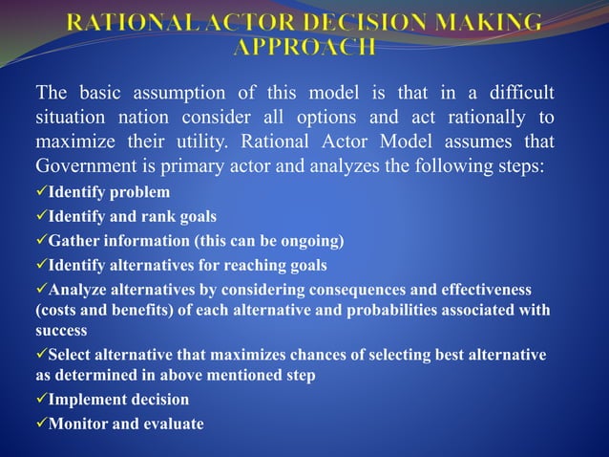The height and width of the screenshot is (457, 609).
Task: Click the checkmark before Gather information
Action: pyautogui.click(x=41, y=240)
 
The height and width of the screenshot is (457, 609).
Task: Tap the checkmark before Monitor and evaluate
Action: pyautogui.click(x=41, y=422)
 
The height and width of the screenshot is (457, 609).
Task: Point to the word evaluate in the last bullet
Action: pyautogui.click(x=171, y=422)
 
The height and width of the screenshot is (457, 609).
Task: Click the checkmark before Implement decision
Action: pyautogui.click(x=41, y=399)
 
